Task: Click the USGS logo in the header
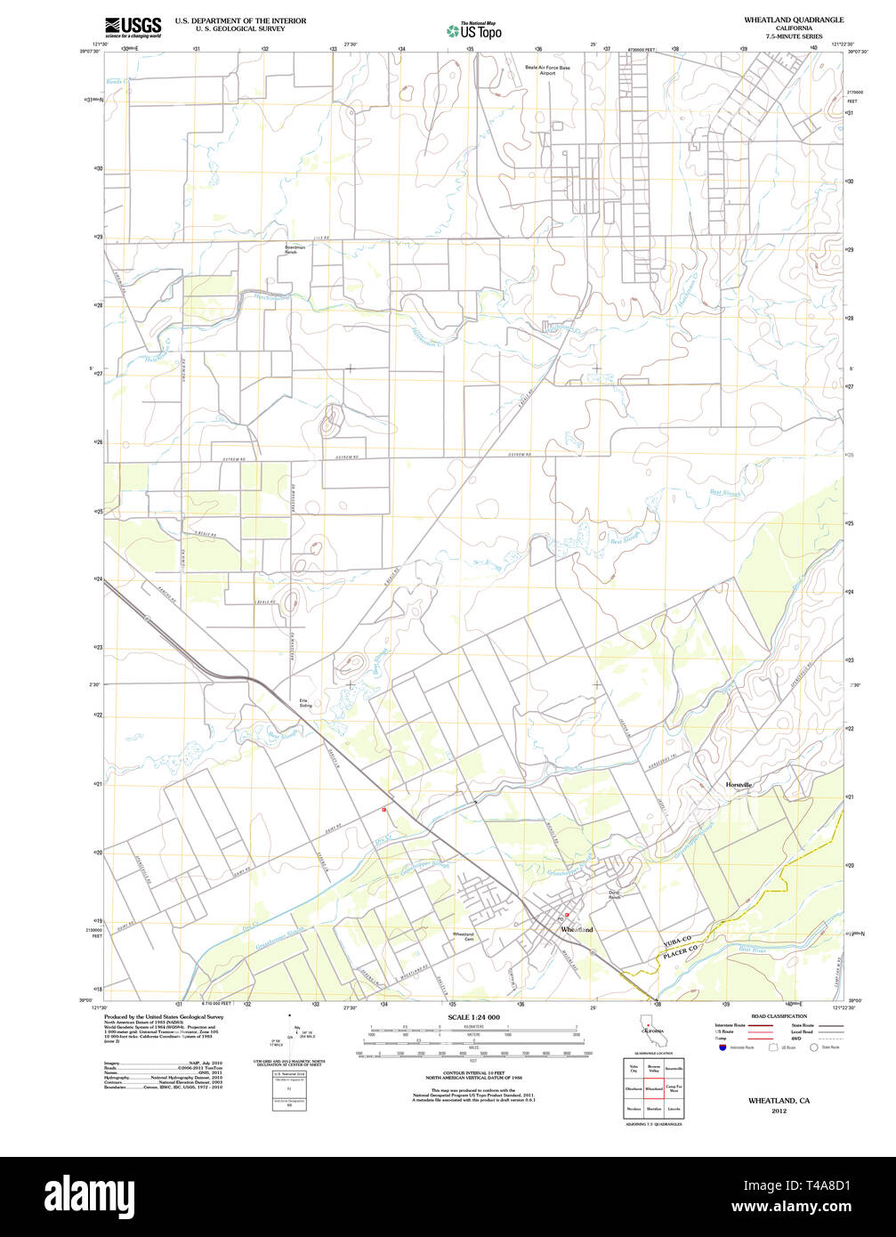tap(133, 27)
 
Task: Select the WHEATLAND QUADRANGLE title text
tap(795, 20)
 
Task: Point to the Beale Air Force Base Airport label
tap(547, 69)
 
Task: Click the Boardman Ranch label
tap(295, 249)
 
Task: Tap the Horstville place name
tap(739, 785)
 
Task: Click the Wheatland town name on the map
tap(577, 930)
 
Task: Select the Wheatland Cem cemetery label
tap(464, 936)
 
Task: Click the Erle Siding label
tap(304, 703)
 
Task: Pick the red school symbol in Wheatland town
tap(567, 914)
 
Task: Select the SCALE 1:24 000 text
tap(473, 1017)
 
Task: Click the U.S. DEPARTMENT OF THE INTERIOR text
tap(240, 20)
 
